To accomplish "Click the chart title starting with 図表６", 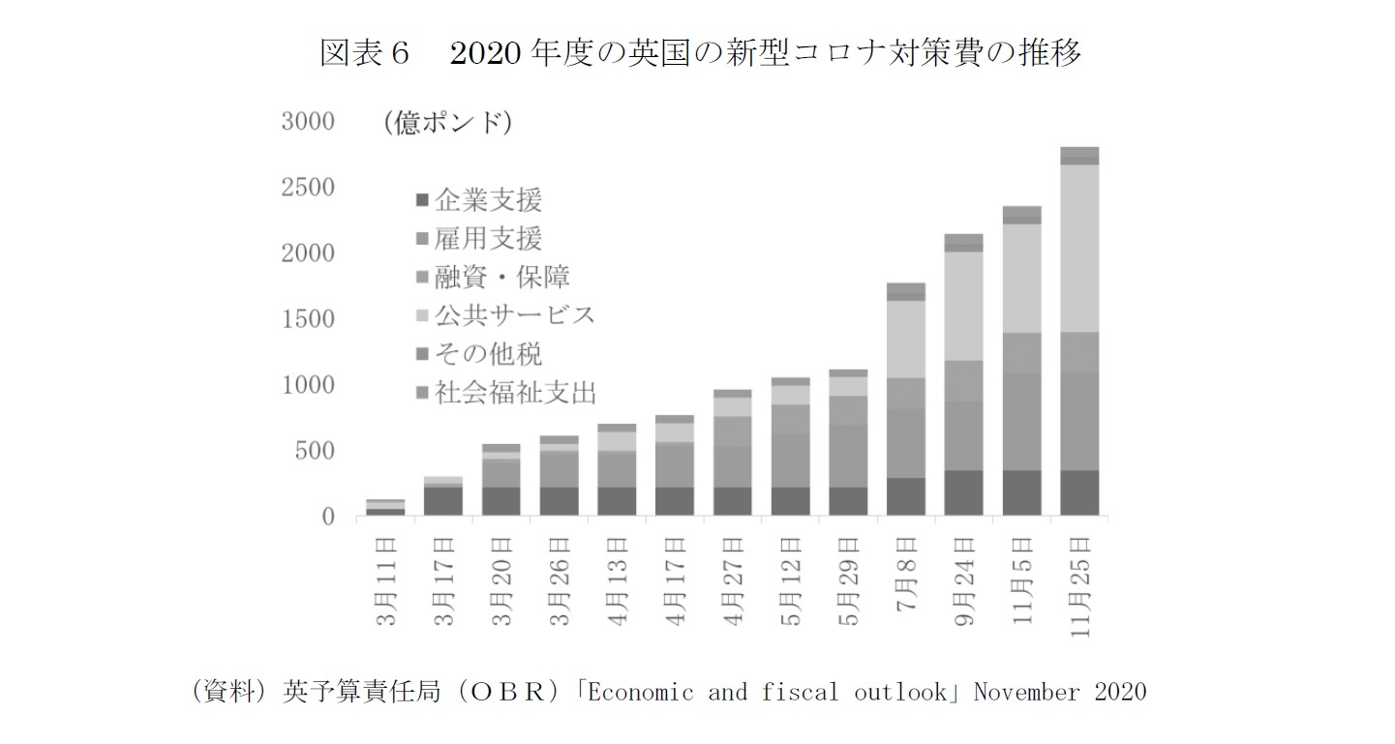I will point(700,52).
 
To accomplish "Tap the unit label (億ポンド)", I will point(446,123).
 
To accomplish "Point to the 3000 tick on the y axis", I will point(307,122).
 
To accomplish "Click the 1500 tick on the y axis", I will point(307,319).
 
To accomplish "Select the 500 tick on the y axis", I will point(314,451).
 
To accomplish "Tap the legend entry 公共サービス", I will point(513,315).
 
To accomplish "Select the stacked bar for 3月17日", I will point(442,496).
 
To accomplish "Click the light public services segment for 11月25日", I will point(1079,249).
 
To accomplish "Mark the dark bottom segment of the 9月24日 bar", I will point(962,492).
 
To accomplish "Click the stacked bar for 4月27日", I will point(732,453).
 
